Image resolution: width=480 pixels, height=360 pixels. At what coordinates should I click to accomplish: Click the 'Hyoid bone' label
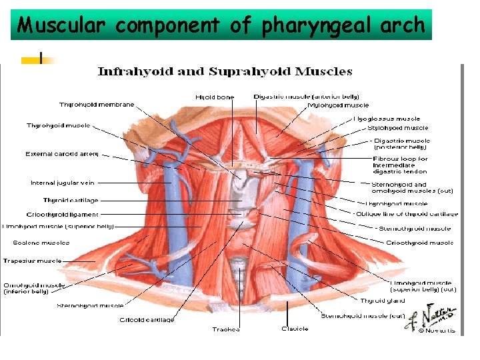pos(215,97)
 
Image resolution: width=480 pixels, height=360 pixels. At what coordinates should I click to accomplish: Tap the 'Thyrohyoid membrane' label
pos(97,105)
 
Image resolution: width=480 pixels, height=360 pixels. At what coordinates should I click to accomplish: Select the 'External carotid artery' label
pos(62,154)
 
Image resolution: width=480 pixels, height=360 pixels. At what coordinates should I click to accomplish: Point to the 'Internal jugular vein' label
pos(63,183)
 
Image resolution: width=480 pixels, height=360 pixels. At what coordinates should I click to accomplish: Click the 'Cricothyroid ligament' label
pos(62,215)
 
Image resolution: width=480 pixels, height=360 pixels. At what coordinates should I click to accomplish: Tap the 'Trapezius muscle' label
pos(33,261)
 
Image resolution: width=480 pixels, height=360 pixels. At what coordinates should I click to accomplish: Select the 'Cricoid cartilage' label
pos(147,320)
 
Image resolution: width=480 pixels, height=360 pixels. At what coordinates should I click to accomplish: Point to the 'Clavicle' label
pos(295,329)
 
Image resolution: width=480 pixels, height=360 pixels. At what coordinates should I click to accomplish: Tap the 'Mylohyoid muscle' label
pos(338,105)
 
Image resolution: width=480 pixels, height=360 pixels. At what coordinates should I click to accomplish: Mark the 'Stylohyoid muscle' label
pos(398,128)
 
